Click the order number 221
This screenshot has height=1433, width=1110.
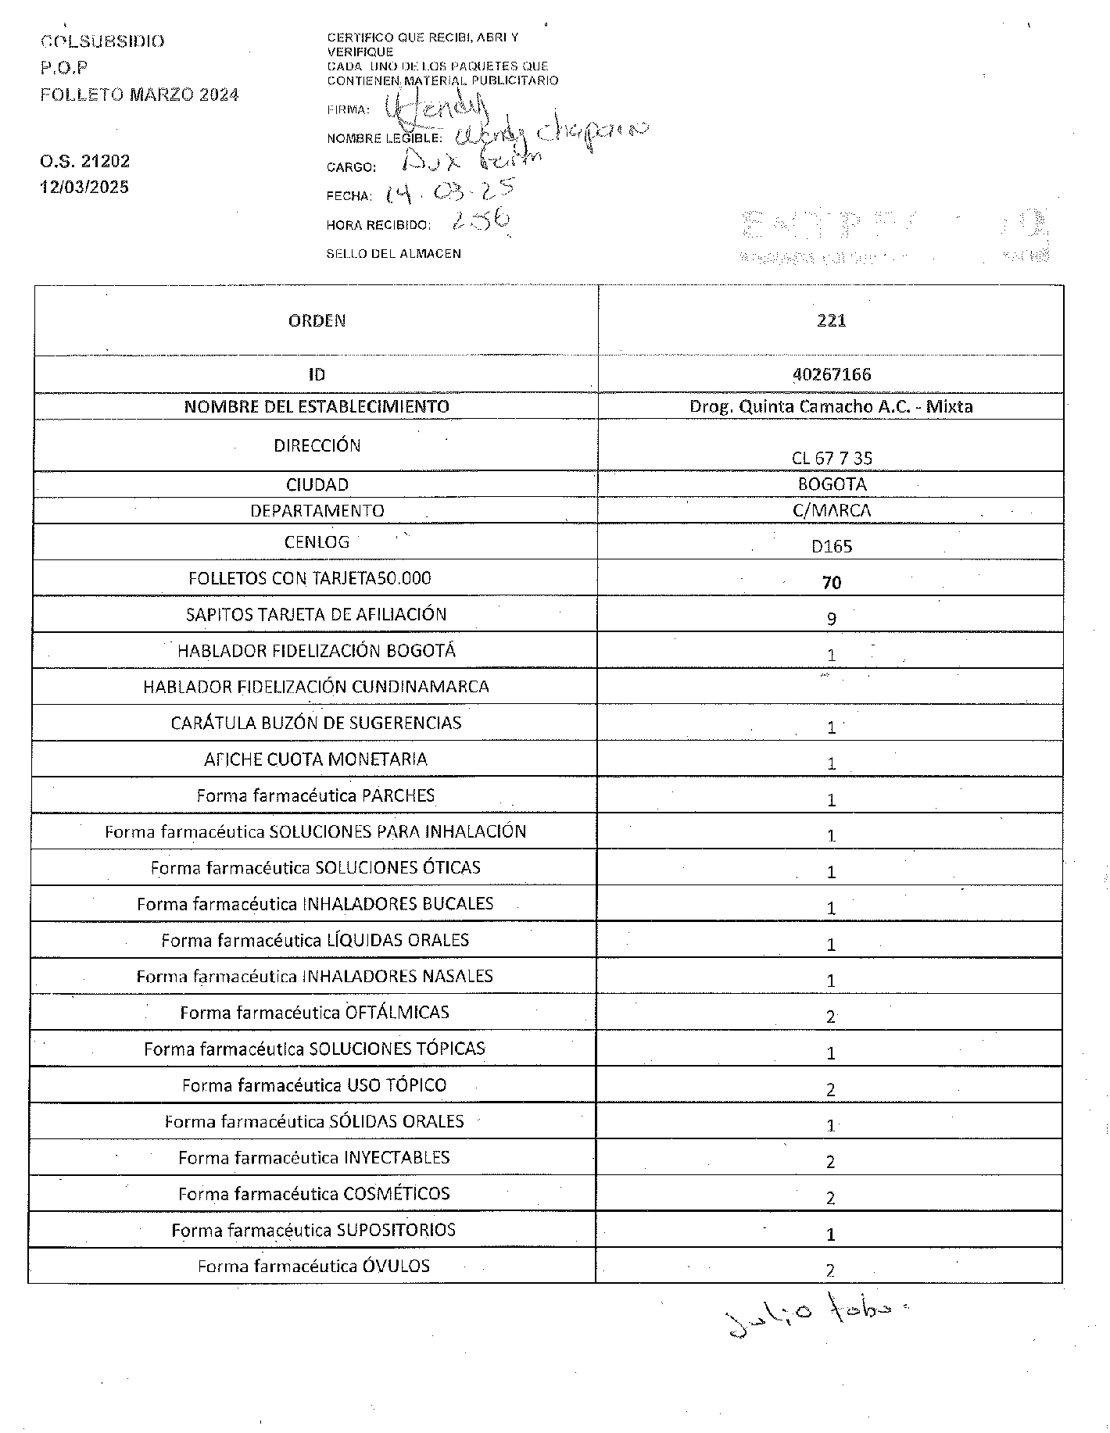(831, 320)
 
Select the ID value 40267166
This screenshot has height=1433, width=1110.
(831, 374)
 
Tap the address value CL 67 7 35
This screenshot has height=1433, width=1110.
(831, 459)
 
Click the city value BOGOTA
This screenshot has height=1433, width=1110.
(832, 484)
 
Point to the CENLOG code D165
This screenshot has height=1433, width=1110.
(831, 546)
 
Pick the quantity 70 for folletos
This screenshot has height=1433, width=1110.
(831, 583)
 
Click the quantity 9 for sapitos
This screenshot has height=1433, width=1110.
(831, 619)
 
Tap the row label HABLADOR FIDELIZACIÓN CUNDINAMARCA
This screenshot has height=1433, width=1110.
(316, 687)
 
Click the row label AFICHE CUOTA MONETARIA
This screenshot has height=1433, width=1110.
(316, 759)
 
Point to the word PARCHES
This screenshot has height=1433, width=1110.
(398, 795)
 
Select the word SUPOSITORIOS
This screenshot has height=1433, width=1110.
(396, 1230)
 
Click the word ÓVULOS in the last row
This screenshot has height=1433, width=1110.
(396, 1266)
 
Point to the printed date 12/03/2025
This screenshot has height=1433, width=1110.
(84, 188)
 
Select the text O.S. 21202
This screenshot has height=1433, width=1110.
(84, 162)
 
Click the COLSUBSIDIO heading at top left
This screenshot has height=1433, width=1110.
(102, 41)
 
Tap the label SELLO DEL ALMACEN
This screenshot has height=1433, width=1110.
(393, 254)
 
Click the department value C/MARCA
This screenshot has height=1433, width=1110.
(831, 511)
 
